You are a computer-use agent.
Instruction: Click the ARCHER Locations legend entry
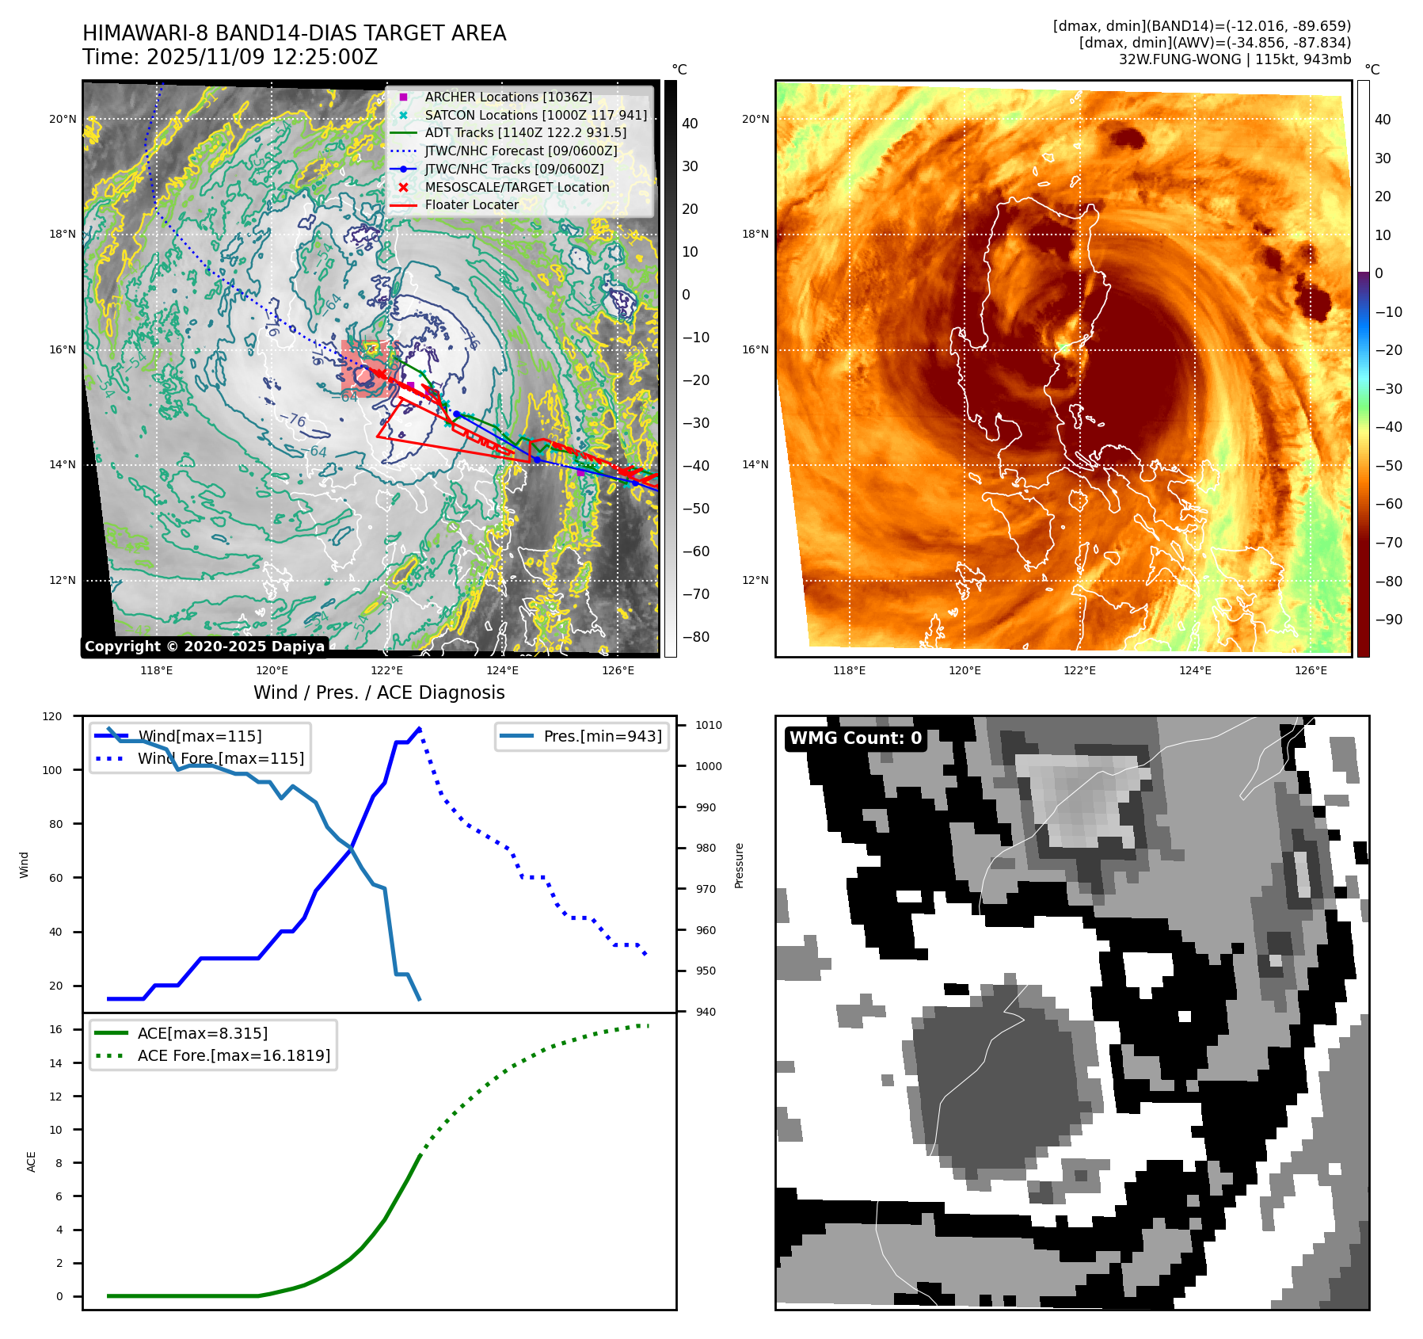coord(508,97)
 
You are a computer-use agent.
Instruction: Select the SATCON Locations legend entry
coord(535,115)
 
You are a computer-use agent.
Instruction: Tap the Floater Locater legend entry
coord(471,204)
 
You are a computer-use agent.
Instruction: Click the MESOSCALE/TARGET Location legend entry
coord(516,187)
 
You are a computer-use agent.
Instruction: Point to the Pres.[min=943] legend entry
coord(602,736)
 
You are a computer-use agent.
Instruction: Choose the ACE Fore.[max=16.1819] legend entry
coord(234,1055)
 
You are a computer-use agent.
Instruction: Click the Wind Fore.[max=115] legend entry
coord(220,758)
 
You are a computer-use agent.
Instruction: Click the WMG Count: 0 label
coord(855,738)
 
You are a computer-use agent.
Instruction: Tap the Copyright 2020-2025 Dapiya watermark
coord(204,647)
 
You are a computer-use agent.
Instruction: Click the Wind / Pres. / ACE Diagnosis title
coord(379,692)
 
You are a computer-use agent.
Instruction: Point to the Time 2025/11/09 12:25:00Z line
coord(230,57)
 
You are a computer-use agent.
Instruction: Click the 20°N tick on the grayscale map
coord(63,120)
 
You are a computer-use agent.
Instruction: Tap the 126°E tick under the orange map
coord(1310,670)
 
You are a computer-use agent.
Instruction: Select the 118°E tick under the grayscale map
coord(156,670)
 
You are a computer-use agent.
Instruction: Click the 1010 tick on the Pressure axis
coord(709,725)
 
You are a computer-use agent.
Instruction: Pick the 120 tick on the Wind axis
coord(52,716)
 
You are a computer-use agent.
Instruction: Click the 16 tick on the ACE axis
coord(55,1029)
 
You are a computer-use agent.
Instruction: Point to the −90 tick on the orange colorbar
coord(1388,620)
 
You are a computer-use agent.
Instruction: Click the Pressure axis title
coord(739,865)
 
